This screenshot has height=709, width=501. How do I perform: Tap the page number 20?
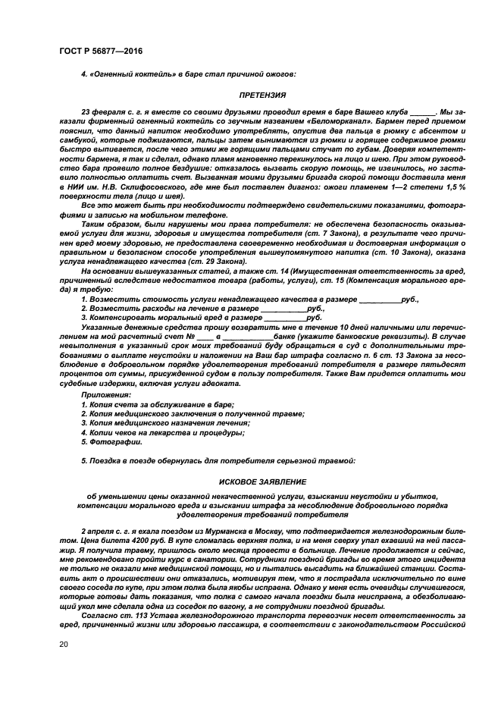(x=62, y=645)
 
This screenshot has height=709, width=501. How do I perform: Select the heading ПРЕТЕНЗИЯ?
(x=262, y=96)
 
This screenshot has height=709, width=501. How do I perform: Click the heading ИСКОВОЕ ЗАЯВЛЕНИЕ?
(x=262, y=481)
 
